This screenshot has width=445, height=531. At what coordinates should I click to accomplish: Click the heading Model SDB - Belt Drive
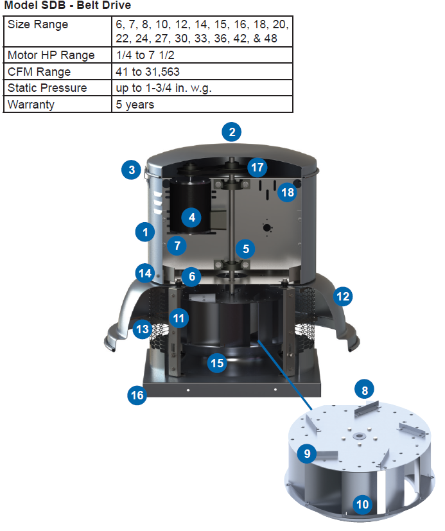click(x=67, y=6)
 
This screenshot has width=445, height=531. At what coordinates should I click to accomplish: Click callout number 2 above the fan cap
click(x=231, y=133)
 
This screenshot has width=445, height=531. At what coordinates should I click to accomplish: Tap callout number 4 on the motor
click(x=191, y=218)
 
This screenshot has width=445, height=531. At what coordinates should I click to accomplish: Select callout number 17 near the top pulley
click(x=257, y=168)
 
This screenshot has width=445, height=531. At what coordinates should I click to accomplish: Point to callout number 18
click(x=287, y=192)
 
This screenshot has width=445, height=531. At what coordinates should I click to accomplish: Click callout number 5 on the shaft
click(x=244, y=248)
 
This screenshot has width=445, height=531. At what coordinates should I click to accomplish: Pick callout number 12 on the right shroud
click(x=343, y=296)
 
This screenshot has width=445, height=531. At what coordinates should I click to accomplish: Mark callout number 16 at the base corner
click(x=137, y=395)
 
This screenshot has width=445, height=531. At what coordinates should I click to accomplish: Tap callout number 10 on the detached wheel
click(x=362, y=505)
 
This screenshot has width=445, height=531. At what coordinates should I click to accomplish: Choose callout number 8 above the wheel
click(x=364, y=390)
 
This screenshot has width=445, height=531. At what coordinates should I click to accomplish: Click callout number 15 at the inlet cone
click(x=218, y=363)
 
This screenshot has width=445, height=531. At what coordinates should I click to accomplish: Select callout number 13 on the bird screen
click(x=142, y=329)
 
